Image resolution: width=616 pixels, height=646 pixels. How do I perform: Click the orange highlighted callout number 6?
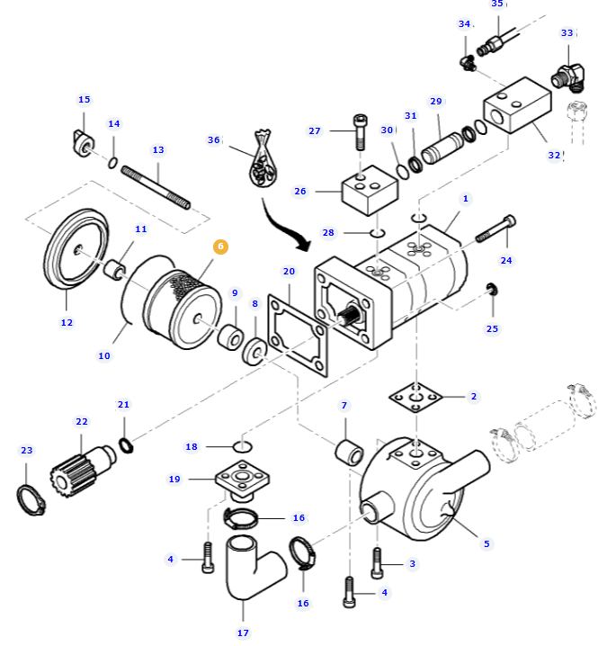pos(220,247)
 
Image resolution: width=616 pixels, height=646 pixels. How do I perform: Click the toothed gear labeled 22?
pos(72,466)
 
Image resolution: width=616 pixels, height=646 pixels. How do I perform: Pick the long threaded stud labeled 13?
pos(156,186)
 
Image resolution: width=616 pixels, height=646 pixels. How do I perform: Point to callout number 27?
pos(315,131)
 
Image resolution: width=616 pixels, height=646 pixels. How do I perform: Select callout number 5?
pos(487,543)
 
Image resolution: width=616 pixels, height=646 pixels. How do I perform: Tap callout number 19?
pos(174,480)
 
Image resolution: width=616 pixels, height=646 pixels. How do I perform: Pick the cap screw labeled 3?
pos(377,564)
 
